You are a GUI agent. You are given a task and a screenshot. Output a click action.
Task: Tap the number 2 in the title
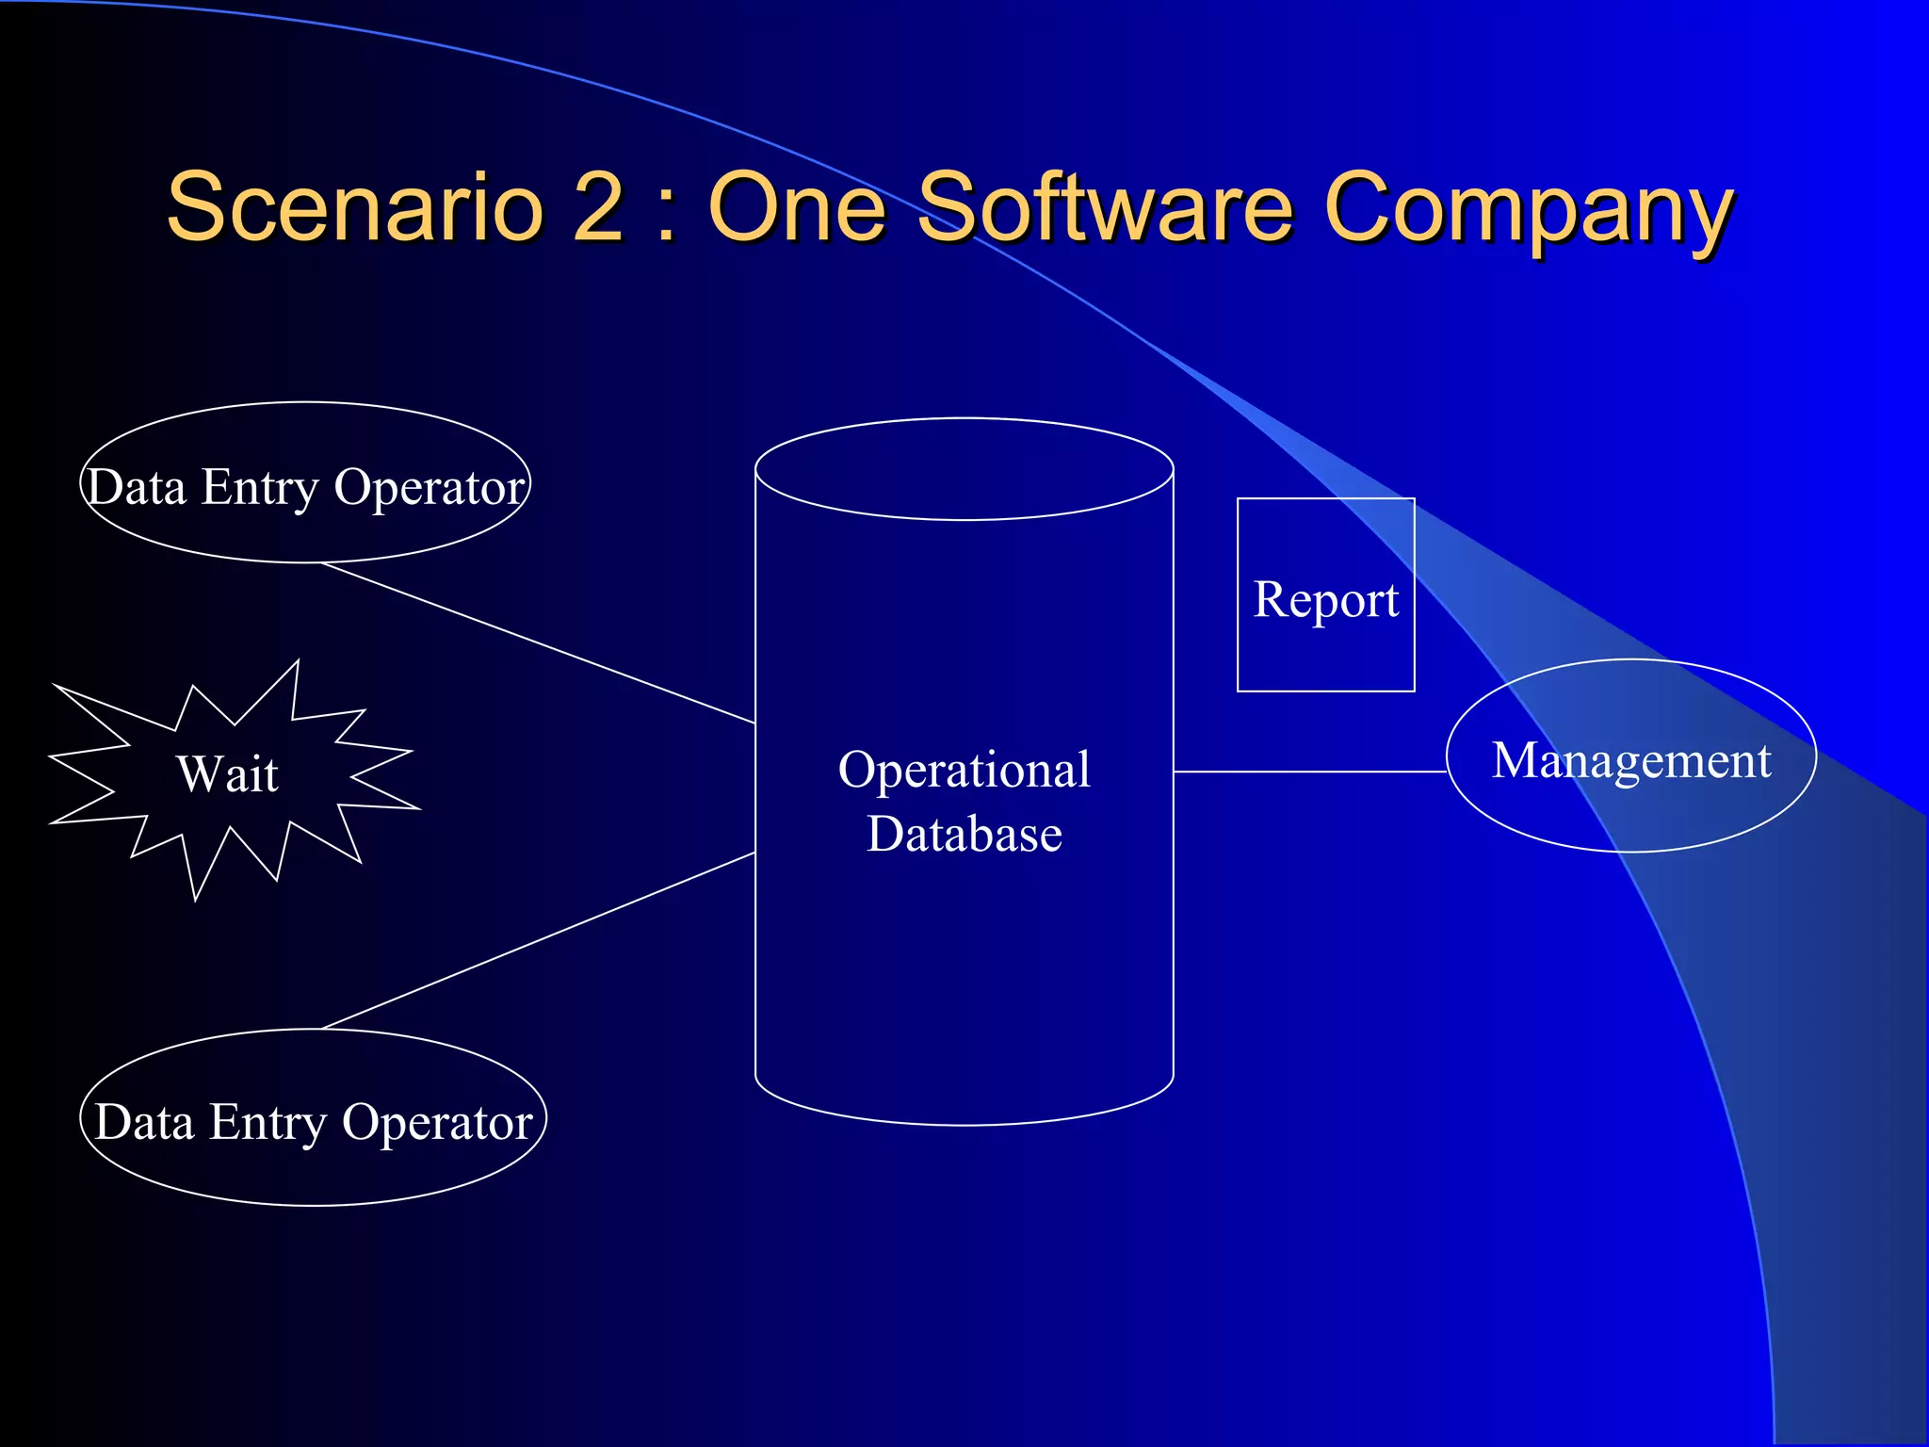point(598,206)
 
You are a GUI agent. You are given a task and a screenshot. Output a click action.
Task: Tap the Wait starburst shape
point(227,774)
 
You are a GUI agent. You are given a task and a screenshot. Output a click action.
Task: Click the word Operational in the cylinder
point(964,770)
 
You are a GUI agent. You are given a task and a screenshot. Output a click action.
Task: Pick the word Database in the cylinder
point(964,835)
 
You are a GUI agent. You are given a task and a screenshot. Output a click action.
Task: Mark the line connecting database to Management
point(1309,772)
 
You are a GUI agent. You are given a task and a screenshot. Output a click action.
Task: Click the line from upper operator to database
point(537,642)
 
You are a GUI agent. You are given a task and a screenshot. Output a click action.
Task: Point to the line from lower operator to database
point(537,941)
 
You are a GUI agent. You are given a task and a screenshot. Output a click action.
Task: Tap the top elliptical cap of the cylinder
point(964,468)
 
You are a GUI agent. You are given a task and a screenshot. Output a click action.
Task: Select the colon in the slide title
point(666,211)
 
